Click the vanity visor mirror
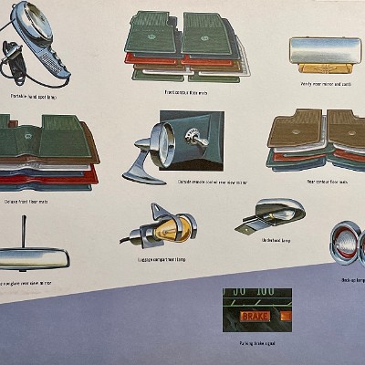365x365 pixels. pyautogui.click(x=324, y=50)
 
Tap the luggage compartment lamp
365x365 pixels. pyautogui.click(x=169, y=227)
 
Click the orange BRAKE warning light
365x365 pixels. pyautogui.click(x=256, y=316)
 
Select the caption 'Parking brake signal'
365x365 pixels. pyautogui.click(x=256, y=345)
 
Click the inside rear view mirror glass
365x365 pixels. pyautogui.click(x=32, y=260)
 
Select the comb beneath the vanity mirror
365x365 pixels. pyautogui.click(x=324, y=68)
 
